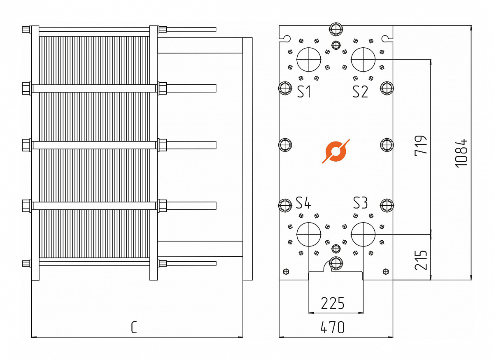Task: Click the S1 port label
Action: pyautogui.click(x=304, y=92)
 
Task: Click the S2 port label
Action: pyautogui.click(x=360, y=92)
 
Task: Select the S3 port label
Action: pyautogui.click(x=360, y=203)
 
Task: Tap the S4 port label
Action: pyautogui.click(x=304, y=203)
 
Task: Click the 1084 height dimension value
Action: pyautogui.click(x=462, y=152)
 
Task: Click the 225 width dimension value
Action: pyautogui.click(x=333, y=303)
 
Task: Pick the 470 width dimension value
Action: pyautogui.click(x=333, y=328)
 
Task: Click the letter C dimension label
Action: pyautogui.click(x=134, y=328)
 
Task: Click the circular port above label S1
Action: pyautogui.click(x=309, y=59)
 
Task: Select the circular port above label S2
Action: pyautogui.click(x=363, y=59)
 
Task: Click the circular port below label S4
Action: pyautogui.click(x=309, y=234)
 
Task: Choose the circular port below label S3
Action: pyautogui.click(x=363, y=234)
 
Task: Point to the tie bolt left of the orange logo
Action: pyautogui.click(x=285, y=144)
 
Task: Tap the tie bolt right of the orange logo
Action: pyautogui.click(x=387, y=144)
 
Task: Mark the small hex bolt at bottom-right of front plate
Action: pyautogui.click(x=386, y=271)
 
